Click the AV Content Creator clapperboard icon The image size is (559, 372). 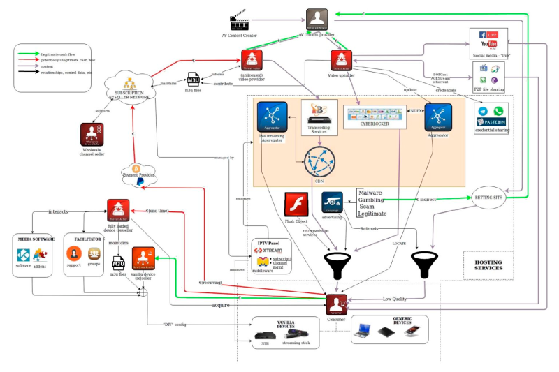(240, 22)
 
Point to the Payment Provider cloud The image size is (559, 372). (137, 172)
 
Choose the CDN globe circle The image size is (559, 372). (319, 163)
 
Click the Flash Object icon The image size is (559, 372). (293, 204)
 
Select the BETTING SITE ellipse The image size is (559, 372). (489, 198)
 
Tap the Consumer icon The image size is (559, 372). (337, 304)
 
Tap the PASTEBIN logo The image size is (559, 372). (491, 121)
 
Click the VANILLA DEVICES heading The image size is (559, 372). (284, 322)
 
